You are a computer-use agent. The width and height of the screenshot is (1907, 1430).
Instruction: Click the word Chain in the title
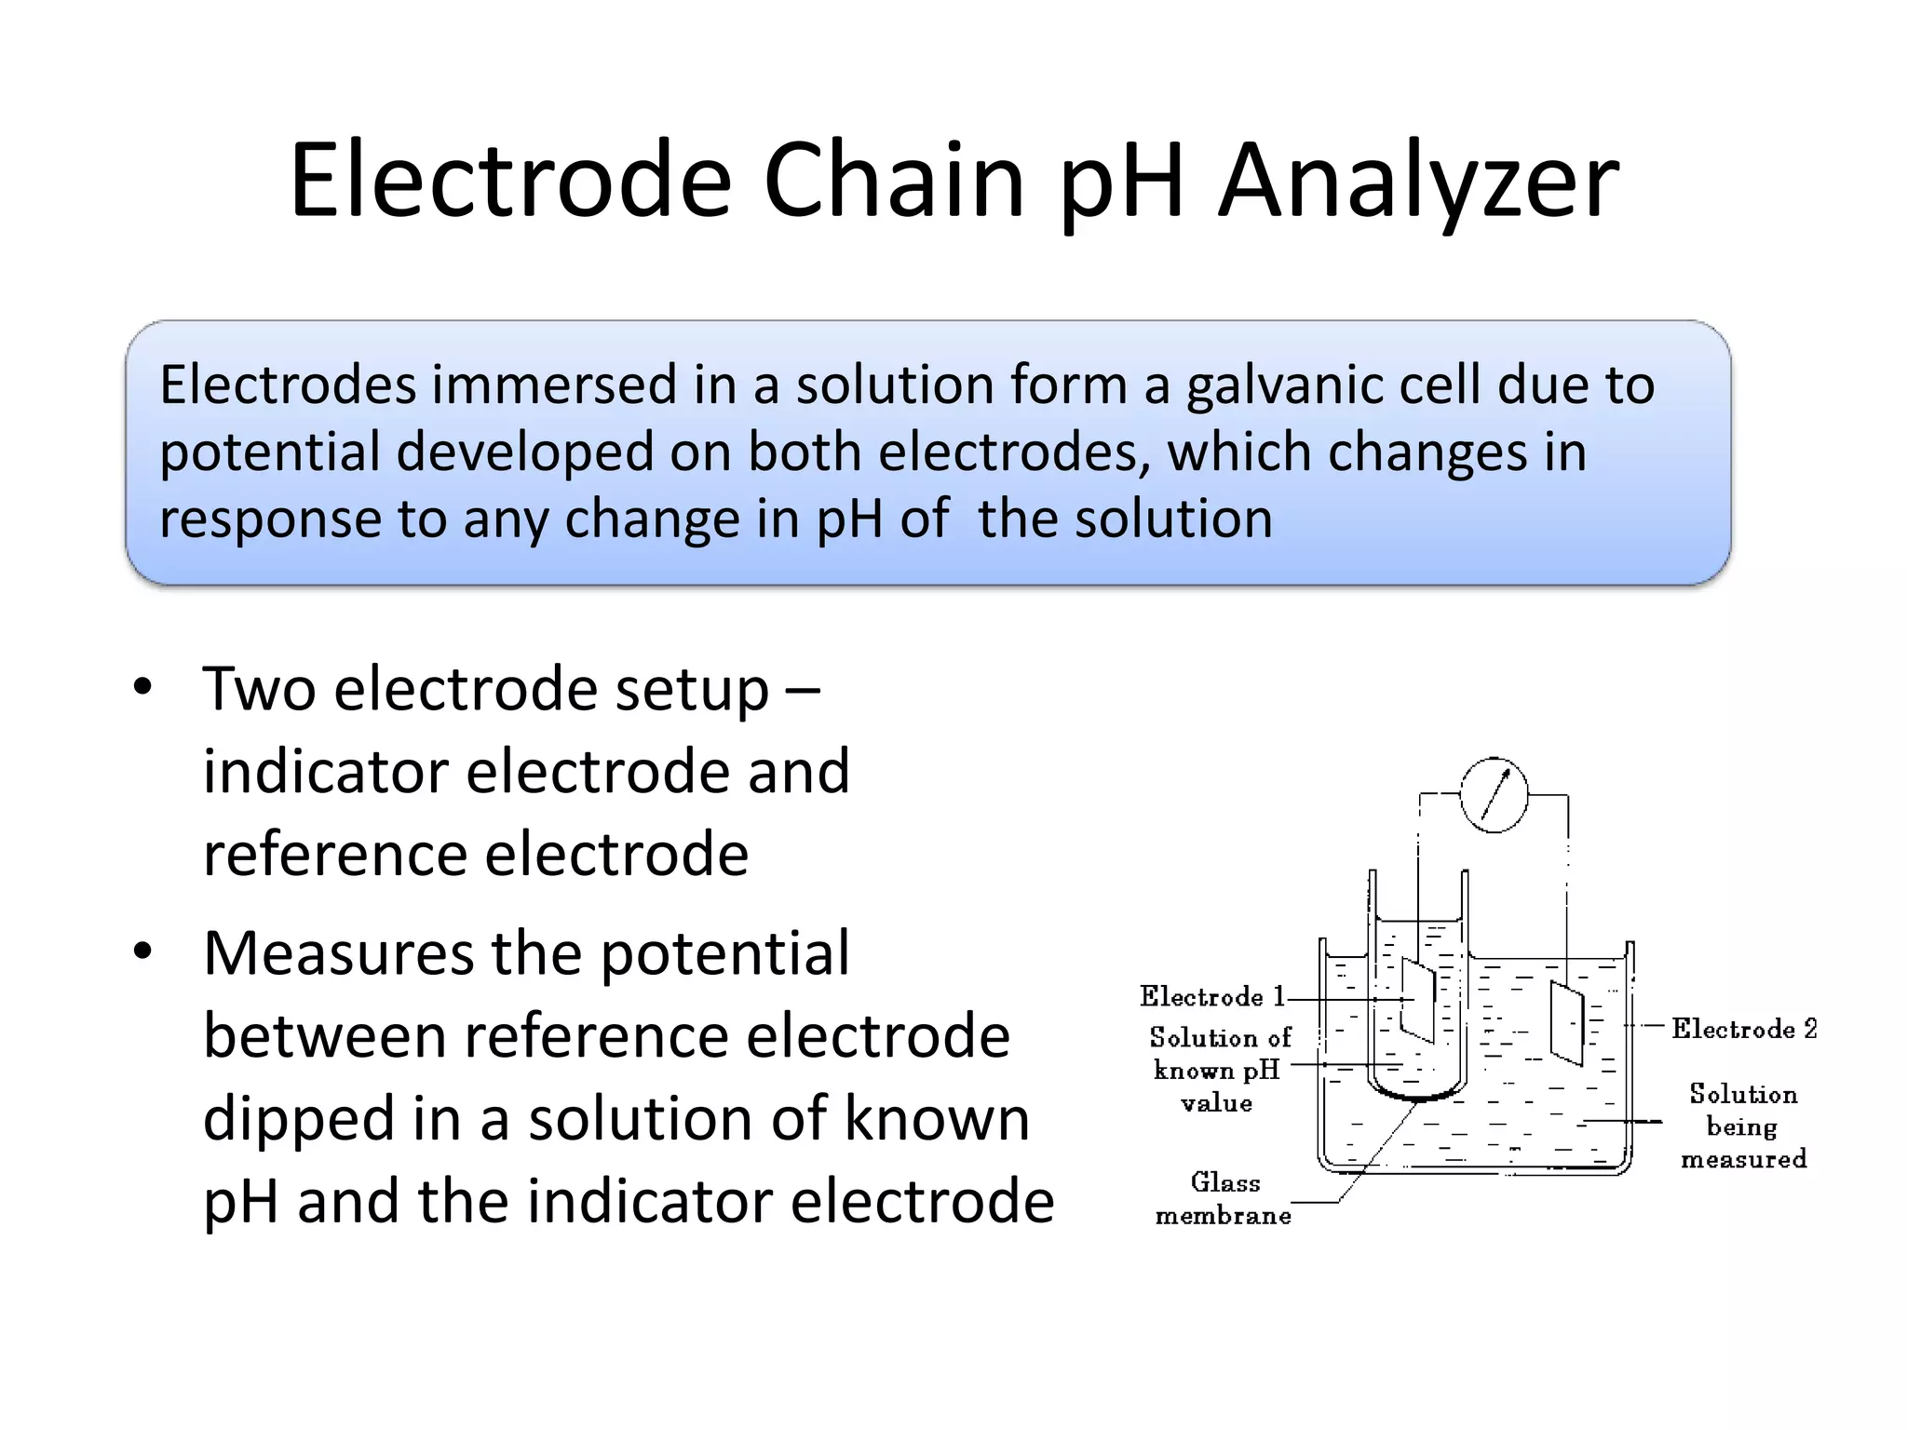[x=893, y=181]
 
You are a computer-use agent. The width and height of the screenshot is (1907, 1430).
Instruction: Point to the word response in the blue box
[x=269, y=519]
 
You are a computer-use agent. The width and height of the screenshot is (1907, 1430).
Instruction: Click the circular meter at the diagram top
[x=1494, y=795]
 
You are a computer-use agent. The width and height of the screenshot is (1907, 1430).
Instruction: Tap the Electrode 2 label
[x=1743, y=1029]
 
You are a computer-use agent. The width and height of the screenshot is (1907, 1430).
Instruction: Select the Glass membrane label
[x=1224, y=1199]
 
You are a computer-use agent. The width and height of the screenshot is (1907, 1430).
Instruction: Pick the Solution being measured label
[x=1743, y=1126]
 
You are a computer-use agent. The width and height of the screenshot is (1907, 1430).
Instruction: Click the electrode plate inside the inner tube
[x=1418, y=1000]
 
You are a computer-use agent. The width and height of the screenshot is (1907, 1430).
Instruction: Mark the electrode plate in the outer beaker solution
[x=1566, y=1021]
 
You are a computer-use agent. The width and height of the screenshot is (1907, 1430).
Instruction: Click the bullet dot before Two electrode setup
[x=142, y=688]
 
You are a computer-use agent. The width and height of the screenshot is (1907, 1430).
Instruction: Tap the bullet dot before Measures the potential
[x=142, y=952]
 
